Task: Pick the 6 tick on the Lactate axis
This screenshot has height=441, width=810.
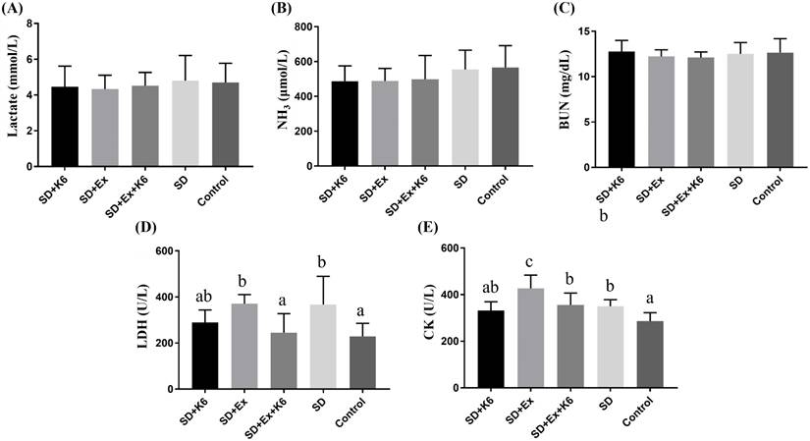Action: click(x=32, y=59)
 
